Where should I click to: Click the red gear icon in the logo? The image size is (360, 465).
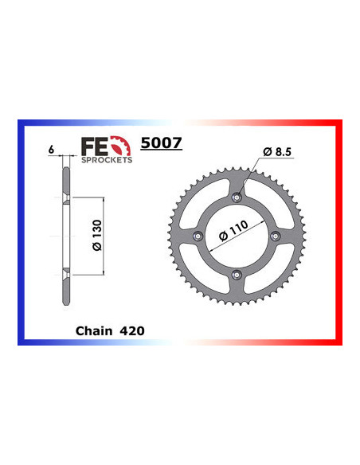click(x=119, y=147)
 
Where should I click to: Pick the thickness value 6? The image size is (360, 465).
click(x=50, y=149)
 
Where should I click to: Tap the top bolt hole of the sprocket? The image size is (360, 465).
click(x=236, y=197)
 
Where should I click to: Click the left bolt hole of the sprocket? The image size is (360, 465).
click(x=198, y=236)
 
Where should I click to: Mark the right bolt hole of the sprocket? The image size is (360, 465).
click(x=274, y=236)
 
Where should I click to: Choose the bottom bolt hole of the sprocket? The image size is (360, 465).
click(x=236, y=274)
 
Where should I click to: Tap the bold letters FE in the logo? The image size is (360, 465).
click(x=93, y=147)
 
